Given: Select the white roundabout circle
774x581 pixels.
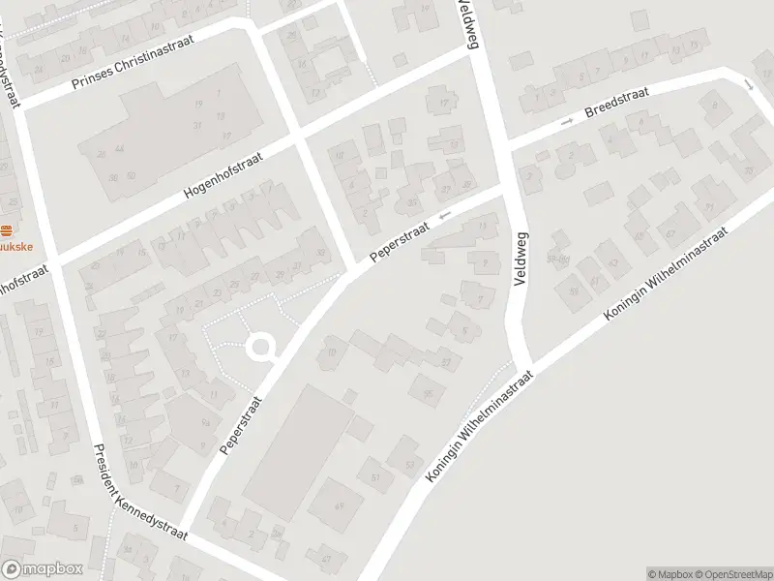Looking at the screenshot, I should pyautogui.click(x=260, y=347).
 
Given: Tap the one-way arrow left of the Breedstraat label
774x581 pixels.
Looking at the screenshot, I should pyautogui.click(x=567, y=121).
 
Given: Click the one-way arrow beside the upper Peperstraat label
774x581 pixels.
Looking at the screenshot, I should pyautogui.click(x=444, y=216).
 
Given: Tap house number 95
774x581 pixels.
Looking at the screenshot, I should pyautogui.click(x=426, y=392).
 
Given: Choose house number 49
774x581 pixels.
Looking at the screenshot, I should pyautogui.click(x=339, y=506).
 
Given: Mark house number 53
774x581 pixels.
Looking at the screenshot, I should pyautogui.click(x=409, y=466).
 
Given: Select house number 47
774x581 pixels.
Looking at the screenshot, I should pyautogui.click(x=326, y=559).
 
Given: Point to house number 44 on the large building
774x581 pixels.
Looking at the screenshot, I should pyautogui.click(x=118, y=150).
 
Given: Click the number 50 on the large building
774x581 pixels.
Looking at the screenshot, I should pyautogui.click(x=132, y=175).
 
